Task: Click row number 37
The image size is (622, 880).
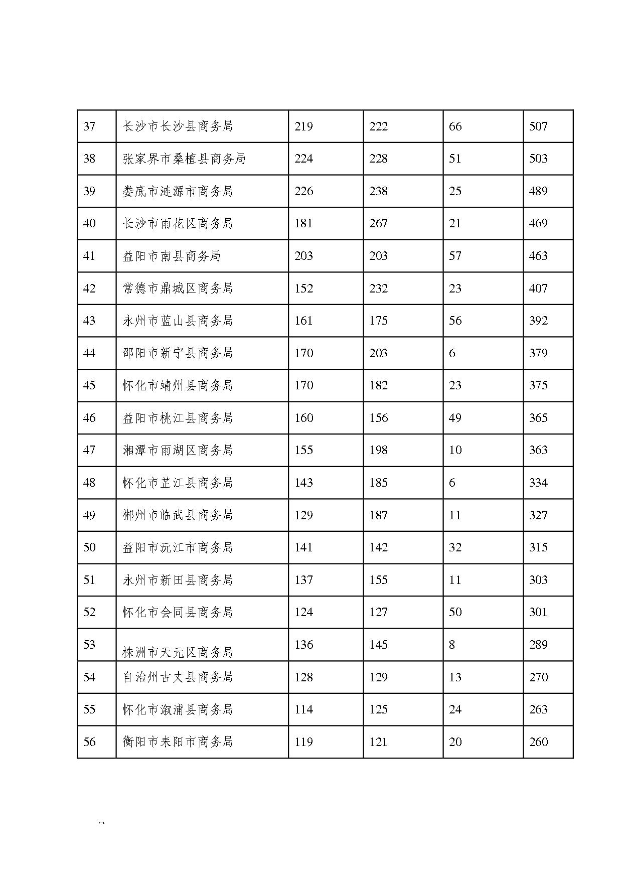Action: click(x=89, y=126)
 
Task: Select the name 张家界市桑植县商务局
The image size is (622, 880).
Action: click(x=184, y=159)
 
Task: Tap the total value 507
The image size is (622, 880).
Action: click(x=538, y=126)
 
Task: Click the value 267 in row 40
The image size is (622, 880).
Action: click(x=378, y=224)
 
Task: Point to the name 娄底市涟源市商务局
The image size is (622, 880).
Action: click(x=178, y=191)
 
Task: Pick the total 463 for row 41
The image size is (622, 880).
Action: click(x=538, y=256)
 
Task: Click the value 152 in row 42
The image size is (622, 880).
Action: click(x=303, y=288)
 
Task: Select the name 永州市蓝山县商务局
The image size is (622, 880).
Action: click(x=178, y=321)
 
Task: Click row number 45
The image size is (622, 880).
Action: click(x=89, y=386)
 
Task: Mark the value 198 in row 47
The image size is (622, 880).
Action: click(x=378, y=451)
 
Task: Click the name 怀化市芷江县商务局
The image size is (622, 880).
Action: click(x=178, y=483)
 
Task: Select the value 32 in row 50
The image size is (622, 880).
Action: click(x=455, y=548)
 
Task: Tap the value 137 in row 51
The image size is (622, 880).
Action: click(x=303, y=580)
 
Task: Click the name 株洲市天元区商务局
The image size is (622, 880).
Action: click(x=178, y=652)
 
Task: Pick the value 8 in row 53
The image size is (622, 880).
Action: click(x=452, y=645)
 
